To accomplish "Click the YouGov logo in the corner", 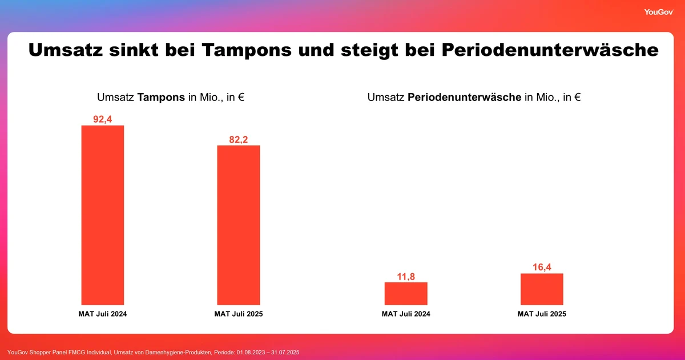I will [x=658, y=12].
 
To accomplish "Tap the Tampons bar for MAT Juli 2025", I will [x=239, y=225].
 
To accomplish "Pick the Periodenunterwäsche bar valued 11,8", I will [x=406, y=293].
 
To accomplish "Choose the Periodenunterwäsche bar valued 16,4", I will [x=542, y=289].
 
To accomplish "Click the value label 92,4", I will [x=103, y=119].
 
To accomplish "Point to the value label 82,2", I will [x=239, y=139].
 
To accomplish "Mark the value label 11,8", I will [x=406, y=276].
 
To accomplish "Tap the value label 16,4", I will [x=542, y=267].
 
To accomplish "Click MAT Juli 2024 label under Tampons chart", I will [x=103, y=314].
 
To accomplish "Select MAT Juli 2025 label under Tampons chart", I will [x=239, y=314].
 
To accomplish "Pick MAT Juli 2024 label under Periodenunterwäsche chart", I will [x=406, y=314].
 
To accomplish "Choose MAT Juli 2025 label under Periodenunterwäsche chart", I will [x=542, y=314].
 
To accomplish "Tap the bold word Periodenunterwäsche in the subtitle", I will [x=465, y=98].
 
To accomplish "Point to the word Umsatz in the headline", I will [x=66, y=50].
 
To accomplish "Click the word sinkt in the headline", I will [x=134, y=50].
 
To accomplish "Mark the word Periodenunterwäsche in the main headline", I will [x=550, y=50].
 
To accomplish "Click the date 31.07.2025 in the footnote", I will [x=284, y=353].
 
